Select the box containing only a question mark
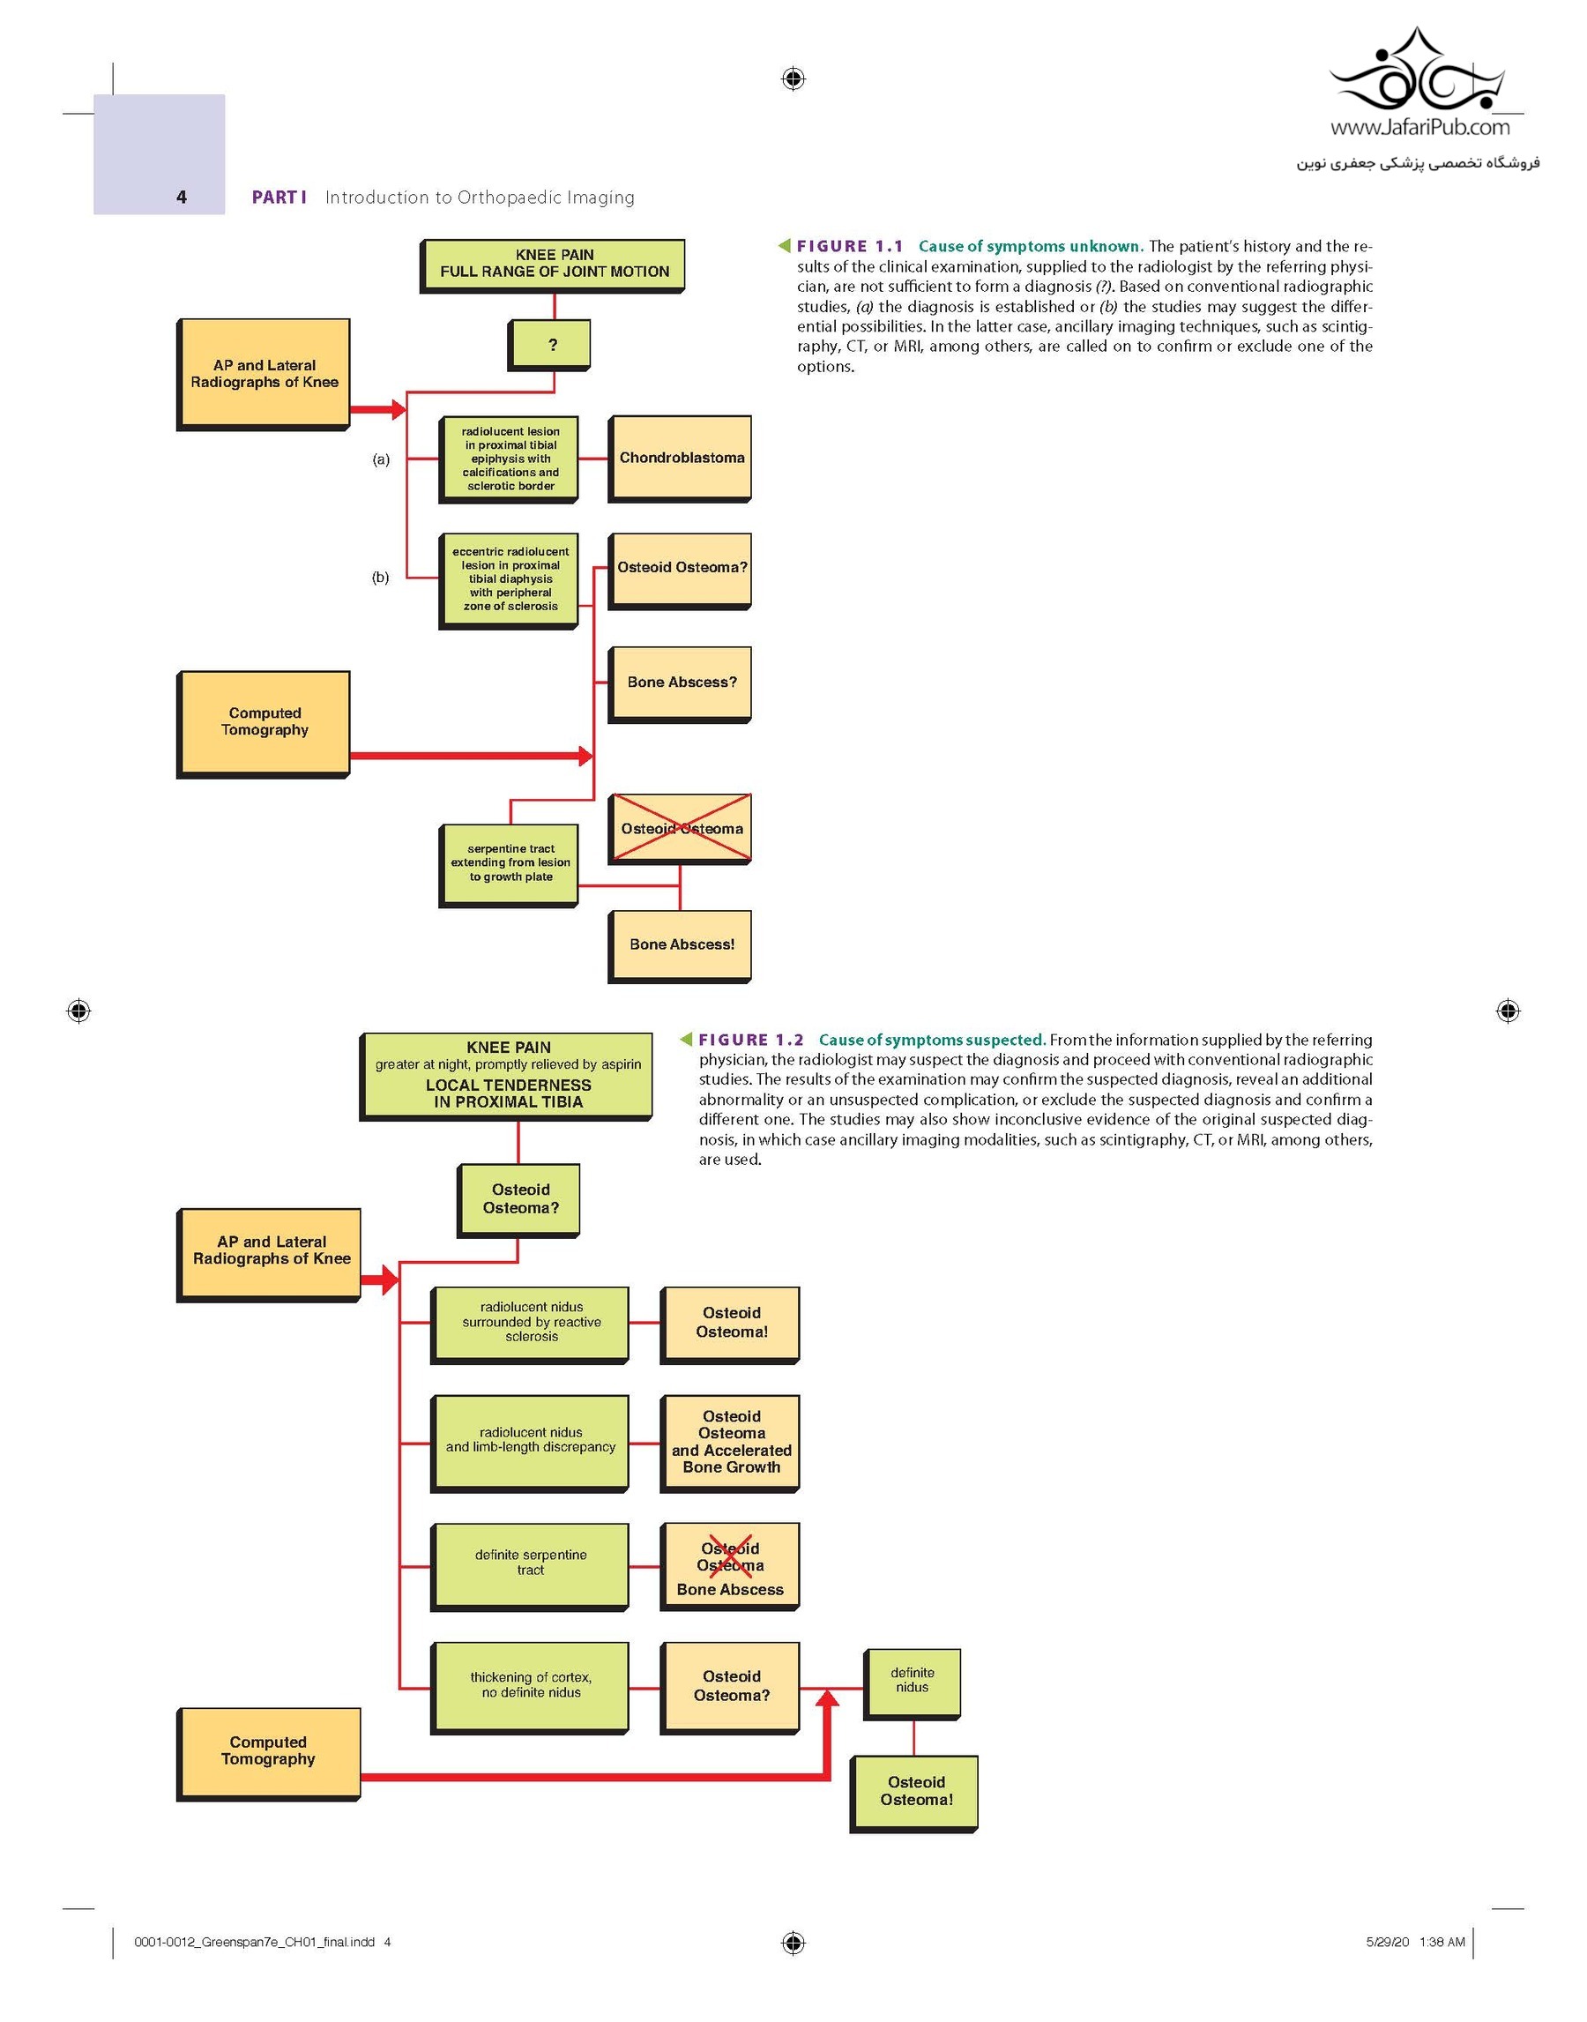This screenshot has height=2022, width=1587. click(x=549, y=345)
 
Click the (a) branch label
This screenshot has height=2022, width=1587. click(x=381, y=459)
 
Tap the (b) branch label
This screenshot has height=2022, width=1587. click(x=381, y=577)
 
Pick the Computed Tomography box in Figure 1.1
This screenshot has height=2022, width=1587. click(x=263, y=725)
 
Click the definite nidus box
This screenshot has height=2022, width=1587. click(x=912, y=1684)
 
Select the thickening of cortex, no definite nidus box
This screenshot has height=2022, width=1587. click(x=530, y=1689)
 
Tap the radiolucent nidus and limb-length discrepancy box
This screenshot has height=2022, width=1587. click(x=530, y=1444)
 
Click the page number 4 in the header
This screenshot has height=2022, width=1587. click(x=182, y=197)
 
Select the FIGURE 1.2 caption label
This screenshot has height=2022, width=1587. click(x=751, y=1040)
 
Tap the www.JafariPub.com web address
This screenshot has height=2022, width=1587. click(x=1419, y=127)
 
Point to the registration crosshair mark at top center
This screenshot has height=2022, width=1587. click(x=793, y=79)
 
